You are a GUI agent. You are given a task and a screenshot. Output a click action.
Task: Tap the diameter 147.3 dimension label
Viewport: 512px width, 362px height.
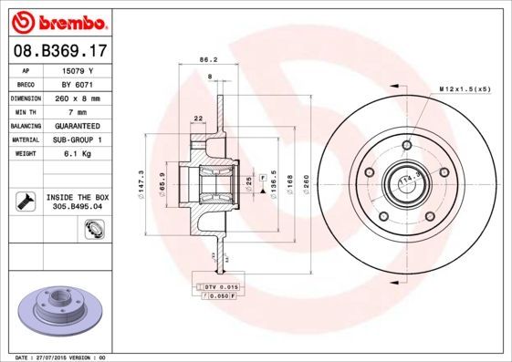click(141, 181)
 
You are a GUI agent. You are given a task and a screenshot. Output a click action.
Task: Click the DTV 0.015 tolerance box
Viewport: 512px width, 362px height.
click(217, 287)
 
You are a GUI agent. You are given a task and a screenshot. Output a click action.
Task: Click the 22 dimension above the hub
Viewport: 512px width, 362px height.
click(197, 118)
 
